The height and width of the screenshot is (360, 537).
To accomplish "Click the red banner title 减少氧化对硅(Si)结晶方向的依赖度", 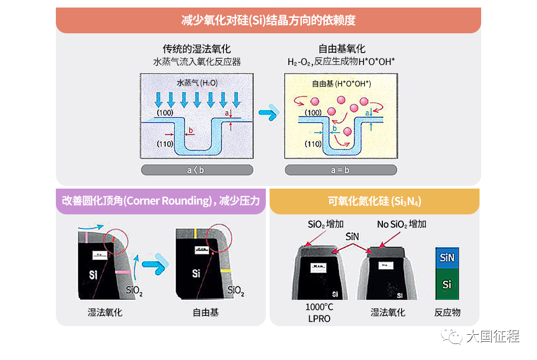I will [268, 21].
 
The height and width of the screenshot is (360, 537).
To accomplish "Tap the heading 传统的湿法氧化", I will [197, 49].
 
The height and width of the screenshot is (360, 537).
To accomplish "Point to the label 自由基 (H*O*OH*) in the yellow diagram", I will [342, 84].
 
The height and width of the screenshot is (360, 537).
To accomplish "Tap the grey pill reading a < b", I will [197, 170].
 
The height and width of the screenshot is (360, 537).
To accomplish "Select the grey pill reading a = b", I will [341, 170].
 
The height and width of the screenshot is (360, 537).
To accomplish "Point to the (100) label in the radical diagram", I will [313, 112].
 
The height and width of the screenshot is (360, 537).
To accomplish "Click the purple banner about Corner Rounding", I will [161, 201].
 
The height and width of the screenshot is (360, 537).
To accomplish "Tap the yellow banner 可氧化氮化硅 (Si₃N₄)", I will [374, 201].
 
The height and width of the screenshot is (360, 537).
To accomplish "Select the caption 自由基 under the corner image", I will [206, 312].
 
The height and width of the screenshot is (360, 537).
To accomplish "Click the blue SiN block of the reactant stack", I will [447, 258].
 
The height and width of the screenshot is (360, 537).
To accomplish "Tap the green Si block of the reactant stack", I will [447, 284].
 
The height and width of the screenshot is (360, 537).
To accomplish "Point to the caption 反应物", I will [447, 312].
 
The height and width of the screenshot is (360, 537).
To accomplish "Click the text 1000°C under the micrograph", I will [319, 307].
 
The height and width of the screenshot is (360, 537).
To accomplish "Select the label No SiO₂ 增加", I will [402, 224].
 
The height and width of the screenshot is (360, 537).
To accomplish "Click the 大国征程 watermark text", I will [492, 337].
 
